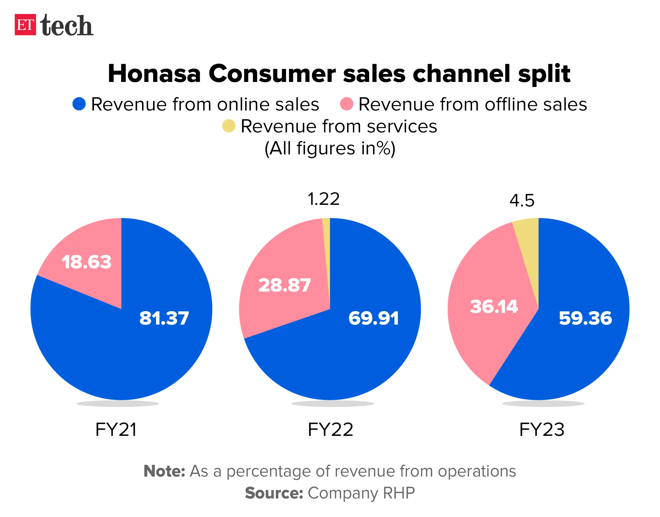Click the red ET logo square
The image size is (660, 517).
(x=25, y=25)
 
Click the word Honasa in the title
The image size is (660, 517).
(x=154, y=73)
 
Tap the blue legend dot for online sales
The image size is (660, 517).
(x=79, y=104)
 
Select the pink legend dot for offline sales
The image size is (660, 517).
(x=346, y=104)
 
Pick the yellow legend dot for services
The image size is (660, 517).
(x=229, y=126)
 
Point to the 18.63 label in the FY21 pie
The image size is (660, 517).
(x=87, y=262)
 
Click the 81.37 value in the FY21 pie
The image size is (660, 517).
(x=164, y=318)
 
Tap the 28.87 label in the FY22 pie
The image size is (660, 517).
(x=285, y=285)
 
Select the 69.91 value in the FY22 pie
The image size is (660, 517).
(x=373, y=318)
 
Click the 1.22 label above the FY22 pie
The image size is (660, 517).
(x=323, y=199)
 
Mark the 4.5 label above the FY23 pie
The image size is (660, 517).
(x=522, y=200)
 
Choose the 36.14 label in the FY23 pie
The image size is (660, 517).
(x=494, y=306)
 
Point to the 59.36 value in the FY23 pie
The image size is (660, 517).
(x=585, y=318)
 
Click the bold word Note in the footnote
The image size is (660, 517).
(x=164, y=471)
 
